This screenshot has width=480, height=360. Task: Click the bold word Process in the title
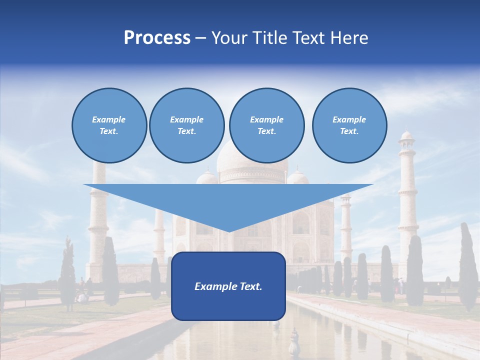point(157,38)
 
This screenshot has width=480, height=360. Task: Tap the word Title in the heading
point(269,38)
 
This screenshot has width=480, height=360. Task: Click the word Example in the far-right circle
point(349,119)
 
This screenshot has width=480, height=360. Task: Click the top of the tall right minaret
point(407,135)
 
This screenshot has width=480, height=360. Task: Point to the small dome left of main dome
point(207,176)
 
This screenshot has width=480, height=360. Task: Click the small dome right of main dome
point(298,176)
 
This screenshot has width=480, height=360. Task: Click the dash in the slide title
point(200,38)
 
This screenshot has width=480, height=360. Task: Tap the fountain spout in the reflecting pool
point(293,340)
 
